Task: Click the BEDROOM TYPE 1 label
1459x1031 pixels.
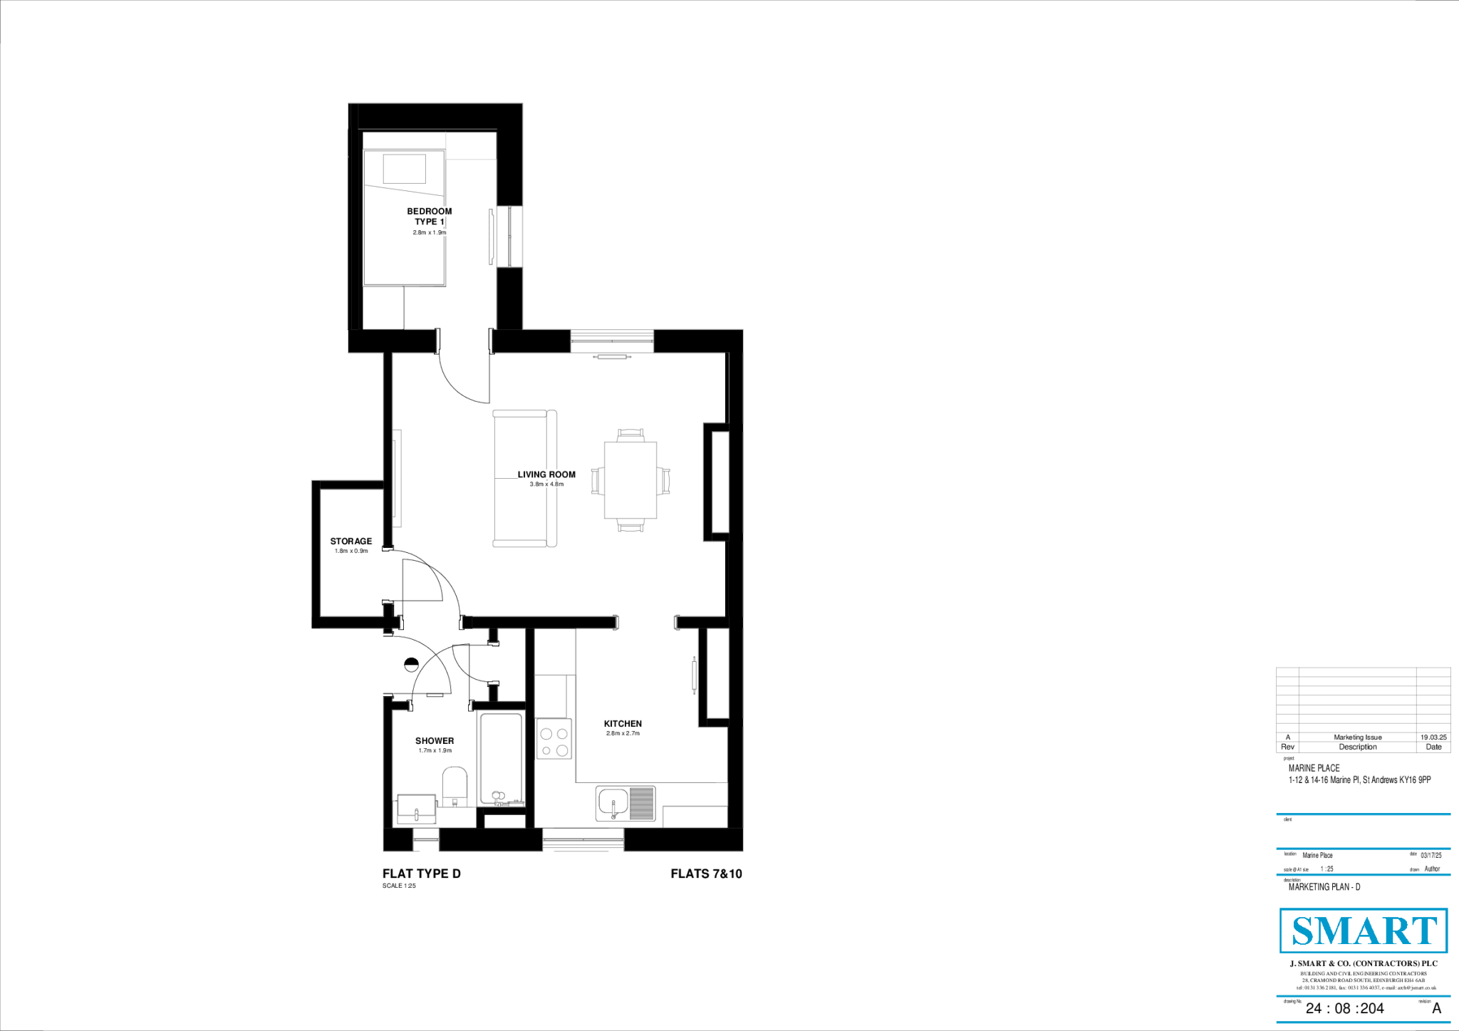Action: [x=429, y=216]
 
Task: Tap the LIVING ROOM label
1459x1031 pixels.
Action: [x=546, y=475]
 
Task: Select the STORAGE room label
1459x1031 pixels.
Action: [x=351, y=541]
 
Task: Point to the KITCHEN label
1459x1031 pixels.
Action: [x=623, y=723]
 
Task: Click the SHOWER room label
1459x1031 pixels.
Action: [x=435, y=740]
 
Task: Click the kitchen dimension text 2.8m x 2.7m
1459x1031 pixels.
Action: [x=623, y=733]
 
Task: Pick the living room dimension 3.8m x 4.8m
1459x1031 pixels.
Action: [x=546, y=485]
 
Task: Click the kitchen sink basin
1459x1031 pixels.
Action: [x=613, y=803]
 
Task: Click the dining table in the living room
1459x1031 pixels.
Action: [x=630, y=480]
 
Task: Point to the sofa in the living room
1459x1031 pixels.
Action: [x=524, y=478]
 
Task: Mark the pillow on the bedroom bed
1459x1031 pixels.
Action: [x=404, y=169]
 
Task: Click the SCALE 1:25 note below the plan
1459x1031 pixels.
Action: [x=399, y=886]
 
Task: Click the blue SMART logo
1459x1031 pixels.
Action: [x=1364, y=931]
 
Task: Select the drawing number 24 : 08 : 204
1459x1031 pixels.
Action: [x=1344, y=1008]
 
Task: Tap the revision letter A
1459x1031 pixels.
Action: [x=1436, y=1008]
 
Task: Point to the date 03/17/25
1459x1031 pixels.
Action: [x=1431, y=855]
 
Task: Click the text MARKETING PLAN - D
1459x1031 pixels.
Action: [x=1324, y=887]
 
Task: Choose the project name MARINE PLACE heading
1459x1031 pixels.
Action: [x=1314, y=768]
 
